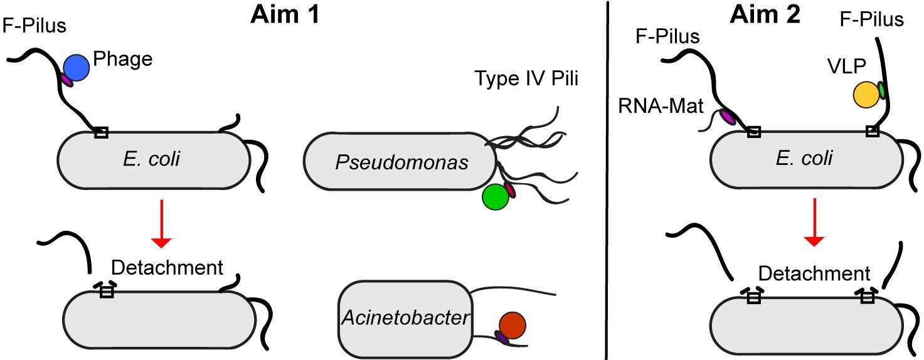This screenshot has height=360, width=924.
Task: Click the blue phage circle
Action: (77, 66)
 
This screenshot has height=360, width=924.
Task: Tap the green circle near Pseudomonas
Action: (495, 197)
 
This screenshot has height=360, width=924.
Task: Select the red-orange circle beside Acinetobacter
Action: (511, 326)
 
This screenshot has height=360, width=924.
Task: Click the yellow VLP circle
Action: (866, 94)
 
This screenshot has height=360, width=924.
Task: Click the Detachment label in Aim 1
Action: (167, 268)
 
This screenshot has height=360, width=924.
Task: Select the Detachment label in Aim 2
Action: (815, 273)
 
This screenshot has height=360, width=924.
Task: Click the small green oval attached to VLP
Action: (881, 90)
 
